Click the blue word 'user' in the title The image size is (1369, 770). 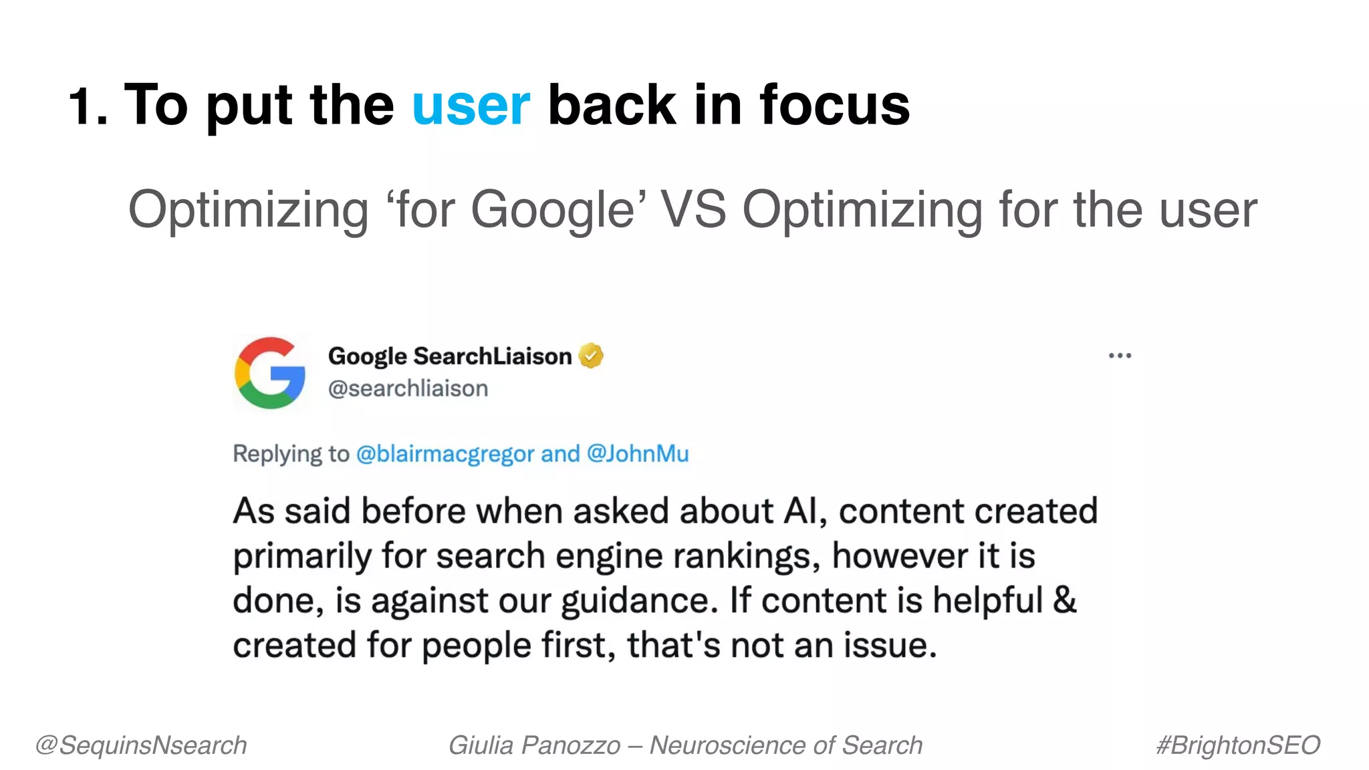471,106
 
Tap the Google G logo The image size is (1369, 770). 270,373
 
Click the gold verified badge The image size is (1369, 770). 591,356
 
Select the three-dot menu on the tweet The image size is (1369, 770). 1120,356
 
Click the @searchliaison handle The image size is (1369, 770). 408,388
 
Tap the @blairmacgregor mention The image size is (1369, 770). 445,454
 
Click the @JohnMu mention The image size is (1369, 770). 638,454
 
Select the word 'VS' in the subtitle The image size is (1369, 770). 693,210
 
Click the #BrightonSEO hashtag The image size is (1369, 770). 1238,745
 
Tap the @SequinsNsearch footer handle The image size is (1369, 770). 141,745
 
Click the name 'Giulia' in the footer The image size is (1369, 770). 481,745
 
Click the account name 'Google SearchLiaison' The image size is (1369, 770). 450,356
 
